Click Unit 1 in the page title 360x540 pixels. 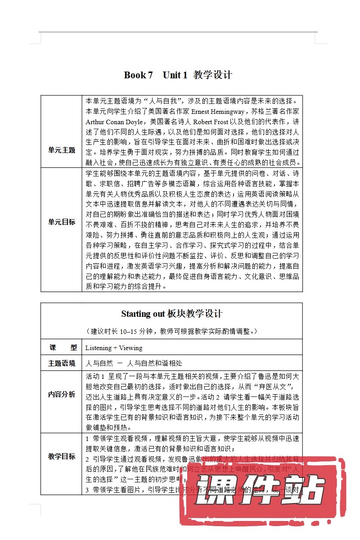coord(175,75)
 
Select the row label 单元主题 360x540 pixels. coord(62,150)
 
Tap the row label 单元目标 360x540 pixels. coord(62,222)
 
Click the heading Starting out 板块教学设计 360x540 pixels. coord(171,314)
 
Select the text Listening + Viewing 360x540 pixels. coord(113,347)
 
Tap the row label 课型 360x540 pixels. coord(62,347)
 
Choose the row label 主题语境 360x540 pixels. coord(62,363)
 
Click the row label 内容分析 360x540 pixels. coord(62,395)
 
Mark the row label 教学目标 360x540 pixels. coord(62,456)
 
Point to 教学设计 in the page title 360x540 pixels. coord(213,75)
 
